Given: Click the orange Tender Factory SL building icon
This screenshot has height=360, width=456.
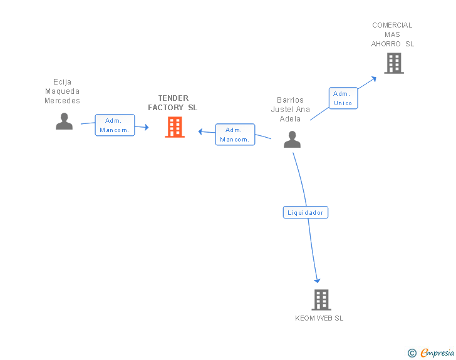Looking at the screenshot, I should (175, 127).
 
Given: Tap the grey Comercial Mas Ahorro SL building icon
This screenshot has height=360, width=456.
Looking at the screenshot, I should (393, 63).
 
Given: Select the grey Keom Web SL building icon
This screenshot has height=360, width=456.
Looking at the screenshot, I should (321, 300).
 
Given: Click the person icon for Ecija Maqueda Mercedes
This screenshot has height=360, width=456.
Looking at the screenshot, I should (64, 121).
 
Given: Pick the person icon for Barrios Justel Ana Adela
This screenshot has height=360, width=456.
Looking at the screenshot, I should (292, 140).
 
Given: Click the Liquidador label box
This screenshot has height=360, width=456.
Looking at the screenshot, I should (305, 212).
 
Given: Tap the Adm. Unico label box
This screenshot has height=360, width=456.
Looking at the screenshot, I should (343, 98).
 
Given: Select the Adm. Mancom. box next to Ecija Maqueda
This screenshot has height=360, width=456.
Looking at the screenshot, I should (115, 125).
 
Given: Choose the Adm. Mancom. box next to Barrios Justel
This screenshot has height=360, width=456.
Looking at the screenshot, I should (235, 135).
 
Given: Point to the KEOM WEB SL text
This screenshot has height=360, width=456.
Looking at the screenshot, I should (319, 318).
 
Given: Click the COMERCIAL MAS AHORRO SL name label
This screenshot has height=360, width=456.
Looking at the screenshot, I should (392, 34).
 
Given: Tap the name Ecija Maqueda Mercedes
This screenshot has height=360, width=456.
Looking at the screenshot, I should (63, 91).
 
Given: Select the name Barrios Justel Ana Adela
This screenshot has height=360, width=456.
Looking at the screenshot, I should (290, 109).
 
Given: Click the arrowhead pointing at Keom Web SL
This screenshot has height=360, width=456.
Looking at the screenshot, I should (317, 280).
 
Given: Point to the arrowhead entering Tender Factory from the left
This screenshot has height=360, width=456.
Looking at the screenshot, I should (145, 127).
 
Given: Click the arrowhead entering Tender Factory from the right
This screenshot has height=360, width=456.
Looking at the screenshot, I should (201, 131).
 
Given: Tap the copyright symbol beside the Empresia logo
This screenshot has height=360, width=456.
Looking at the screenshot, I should (412, 353).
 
